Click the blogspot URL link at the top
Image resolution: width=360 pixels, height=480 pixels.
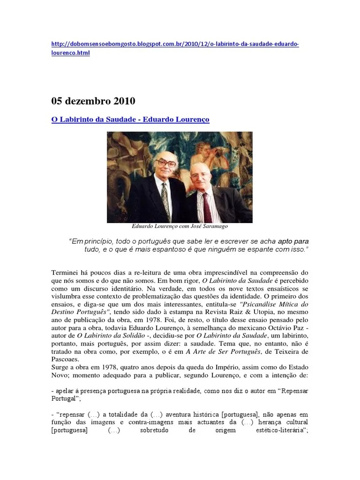(174, 44)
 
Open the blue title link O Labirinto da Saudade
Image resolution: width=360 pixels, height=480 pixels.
(130, 120)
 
